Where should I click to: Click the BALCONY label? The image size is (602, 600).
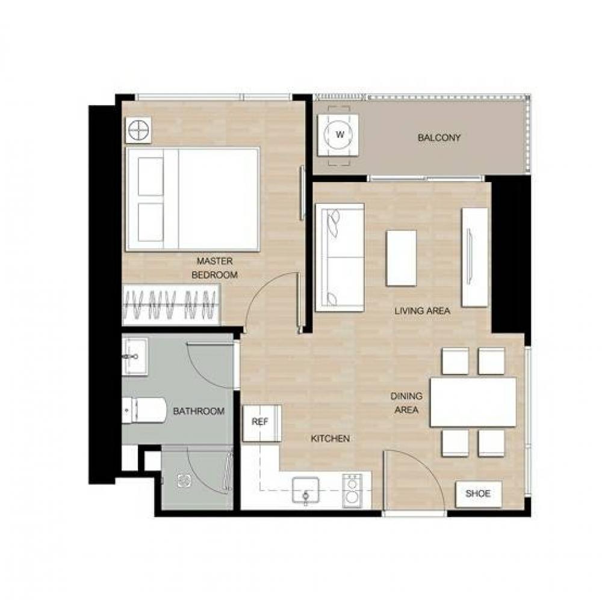[x=439, y=137]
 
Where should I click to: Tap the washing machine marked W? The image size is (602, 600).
[x=338, y=135]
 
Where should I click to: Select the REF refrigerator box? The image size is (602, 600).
[x=262, y=423]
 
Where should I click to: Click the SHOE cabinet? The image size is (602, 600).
[x=479, y=494]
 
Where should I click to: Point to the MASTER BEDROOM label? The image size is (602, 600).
[x=215, y=268]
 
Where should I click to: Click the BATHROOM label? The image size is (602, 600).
[x=199, y=411]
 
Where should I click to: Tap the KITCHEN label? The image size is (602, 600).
[x=330, y=438]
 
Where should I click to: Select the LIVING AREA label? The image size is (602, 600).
[x=422, y=311]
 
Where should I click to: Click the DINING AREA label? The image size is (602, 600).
[x=406, y=403]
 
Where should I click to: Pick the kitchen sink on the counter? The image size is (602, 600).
[x=305, y=489]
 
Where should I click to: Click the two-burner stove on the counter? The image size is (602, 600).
[x=352, y=491]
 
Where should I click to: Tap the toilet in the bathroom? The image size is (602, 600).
[x=144, y=411]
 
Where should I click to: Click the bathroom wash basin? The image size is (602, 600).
[x=134, y=357]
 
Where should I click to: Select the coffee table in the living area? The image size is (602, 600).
[x=401, y=258]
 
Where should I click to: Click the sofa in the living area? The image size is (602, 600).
[x=340, y=257]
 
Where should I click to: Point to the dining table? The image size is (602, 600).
[x=473, y=402]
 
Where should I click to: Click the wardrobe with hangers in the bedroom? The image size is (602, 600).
[x=171, y=305]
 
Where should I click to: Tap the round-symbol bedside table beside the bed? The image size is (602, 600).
[x=138, y=130]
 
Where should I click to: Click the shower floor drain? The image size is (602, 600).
[x=184, y=480]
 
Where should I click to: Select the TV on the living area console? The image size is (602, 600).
[x=469, y=257]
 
